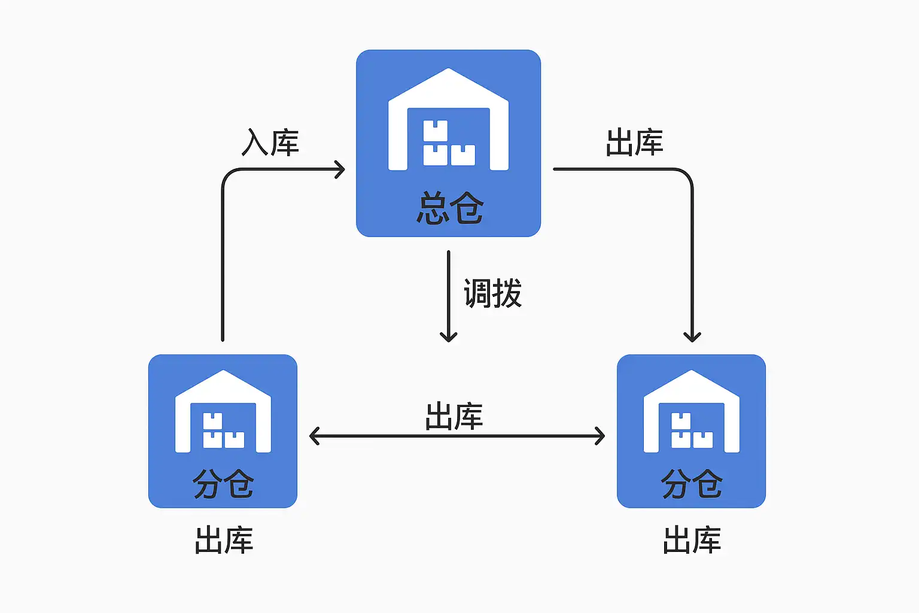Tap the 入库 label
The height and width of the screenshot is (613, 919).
point(270,143)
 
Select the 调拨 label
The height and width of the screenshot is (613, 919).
point(492,293)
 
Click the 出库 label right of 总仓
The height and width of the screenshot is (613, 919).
point(634,143)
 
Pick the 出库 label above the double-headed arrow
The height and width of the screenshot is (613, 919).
point(454,417)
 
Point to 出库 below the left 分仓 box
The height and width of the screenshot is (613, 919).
point(224,540)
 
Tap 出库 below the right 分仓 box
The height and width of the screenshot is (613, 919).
point(692,540)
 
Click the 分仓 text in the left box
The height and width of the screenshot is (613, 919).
point(223,484)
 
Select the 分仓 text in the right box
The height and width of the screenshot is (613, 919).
point(692,484)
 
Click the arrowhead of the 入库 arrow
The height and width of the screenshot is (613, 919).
point(341,169)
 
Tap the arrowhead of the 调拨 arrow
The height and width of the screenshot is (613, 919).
point(448,337)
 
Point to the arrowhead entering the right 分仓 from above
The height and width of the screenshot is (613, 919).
point(692,337)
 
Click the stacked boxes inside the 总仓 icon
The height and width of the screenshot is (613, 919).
point(448,144)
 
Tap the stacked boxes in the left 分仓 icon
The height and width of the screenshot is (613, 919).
point(223,431)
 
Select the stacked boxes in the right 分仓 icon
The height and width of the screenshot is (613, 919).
point(692,431)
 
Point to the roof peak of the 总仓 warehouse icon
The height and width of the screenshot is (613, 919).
point(448,71)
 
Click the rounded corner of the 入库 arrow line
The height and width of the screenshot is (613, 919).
point(227,174)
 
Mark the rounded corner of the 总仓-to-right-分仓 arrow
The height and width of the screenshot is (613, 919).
point(687,174)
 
